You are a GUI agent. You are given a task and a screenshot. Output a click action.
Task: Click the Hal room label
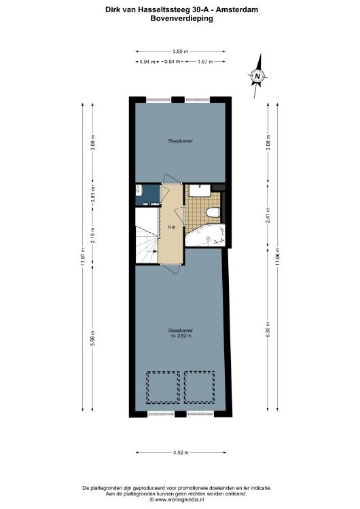pyautogui.click(x=172, y=227)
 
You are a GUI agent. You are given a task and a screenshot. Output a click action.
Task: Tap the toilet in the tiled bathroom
pyautogui.click(x=213, y=212)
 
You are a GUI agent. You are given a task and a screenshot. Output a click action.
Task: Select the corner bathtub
pyautogui.click(x=205, y=235)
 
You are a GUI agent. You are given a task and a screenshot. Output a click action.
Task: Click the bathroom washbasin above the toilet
pyautogui.click(x=200, y=190)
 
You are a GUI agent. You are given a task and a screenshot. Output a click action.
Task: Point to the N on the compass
pyautogui.click(x=257, y=76)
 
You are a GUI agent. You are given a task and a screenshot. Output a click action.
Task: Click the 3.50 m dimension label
pyautogui.click(x=180, y=52)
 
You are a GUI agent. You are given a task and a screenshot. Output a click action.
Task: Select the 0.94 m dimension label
pyautogui.click(x=147, y=62)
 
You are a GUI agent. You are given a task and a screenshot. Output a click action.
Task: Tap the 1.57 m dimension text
pyautogui.click(x=205, y=62)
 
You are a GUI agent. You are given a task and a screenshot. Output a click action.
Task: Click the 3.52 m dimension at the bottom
pyautogui.click(x=181, y=452)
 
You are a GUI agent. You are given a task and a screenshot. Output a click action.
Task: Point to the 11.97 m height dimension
pyautogui.click(x=82, y=257)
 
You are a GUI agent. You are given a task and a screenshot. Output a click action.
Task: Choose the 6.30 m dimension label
pyautogui.click(x=268, y=329)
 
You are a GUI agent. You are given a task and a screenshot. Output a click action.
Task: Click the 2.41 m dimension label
pyautogui.click(x=268, y=215)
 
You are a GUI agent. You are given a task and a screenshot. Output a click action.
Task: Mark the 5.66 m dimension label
pyautogui.click(x=92, y=338)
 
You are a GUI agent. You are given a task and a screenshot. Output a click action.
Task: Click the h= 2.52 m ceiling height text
pyautogui.click(x=181, y=336)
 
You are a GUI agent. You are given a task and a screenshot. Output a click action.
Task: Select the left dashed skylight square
pyautogui.click(x=163, y=388)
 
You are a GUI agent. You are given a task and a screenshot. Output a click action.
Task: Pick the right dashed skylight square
pyautogui.click(x=199, y=388)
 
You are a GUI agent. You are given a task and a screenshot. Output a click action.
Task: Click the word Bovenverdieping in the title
pyautogui.click(x=181, y=18)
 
